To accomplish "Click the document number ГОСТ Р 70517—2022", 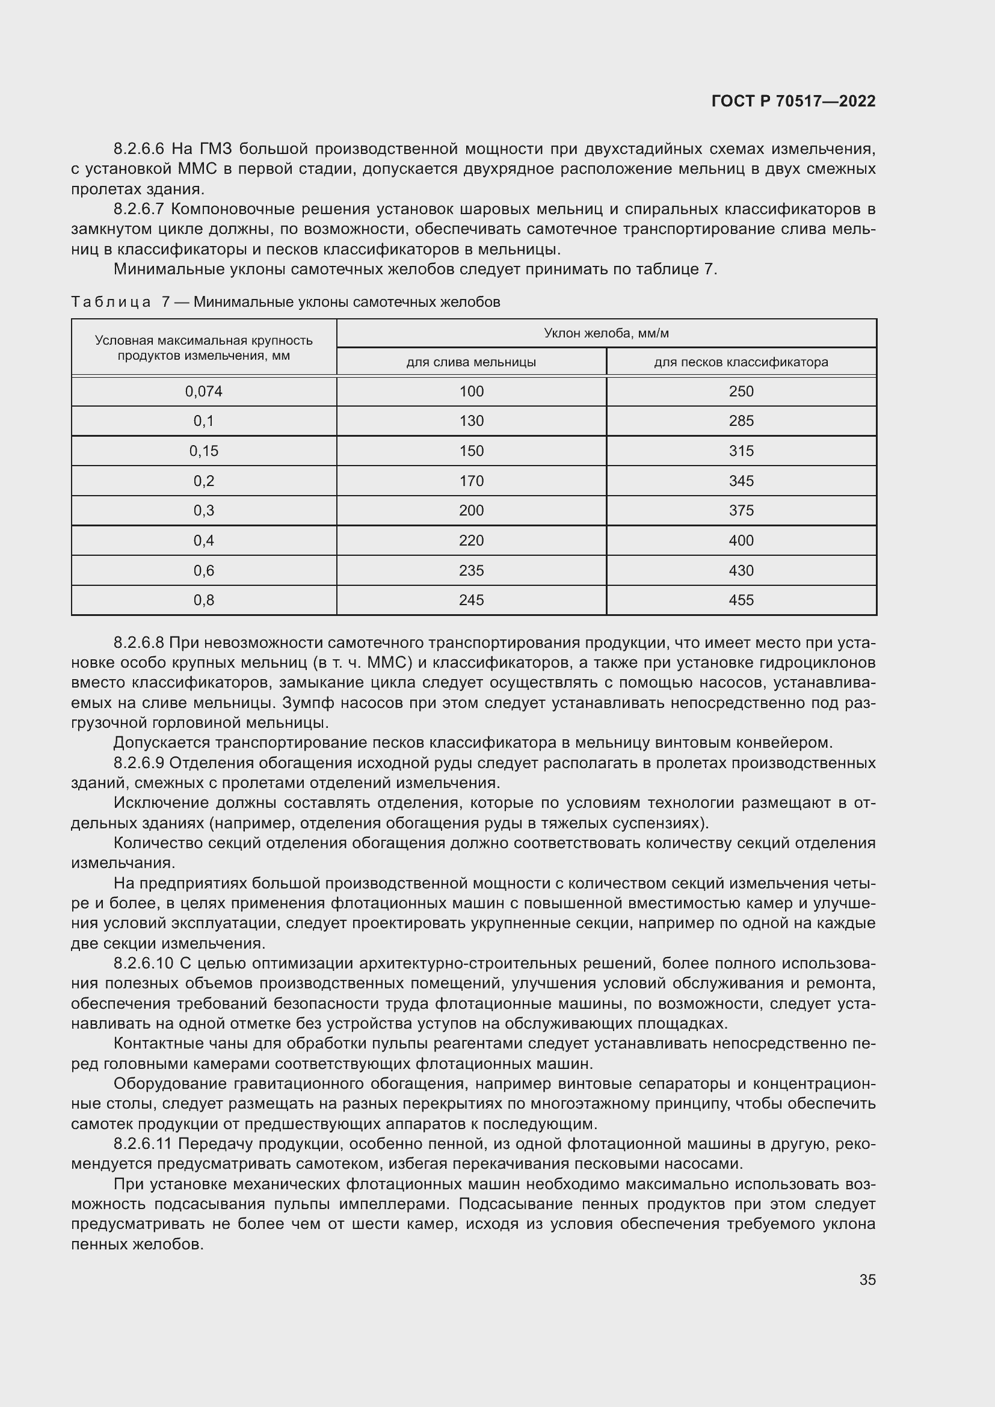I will [793, 102].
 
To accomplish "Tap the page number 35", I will [867, 1279].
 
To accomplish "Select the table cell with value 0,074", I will [203, 392].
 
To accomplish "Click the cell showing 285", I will [741, 421].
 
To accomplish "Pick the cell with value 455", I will [741, 600].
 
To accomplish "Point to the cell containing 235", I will [471, 570].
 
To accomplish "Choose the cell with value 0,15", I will [203, 451].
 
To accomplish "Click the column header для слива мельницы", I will [471, 362].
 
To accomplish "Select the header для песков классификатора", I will [741, 362].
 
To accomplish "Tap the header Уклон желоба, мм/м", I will [606, 333].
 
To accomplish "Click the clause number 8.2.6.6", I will [139, 149].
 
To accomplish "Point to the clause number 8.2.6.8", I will [139, 643].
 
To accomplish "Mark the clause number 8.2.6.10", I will [144, 963].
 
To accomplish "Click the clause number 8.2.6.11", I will [144, 1144].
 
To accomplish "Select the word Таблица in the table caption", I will [111, 302].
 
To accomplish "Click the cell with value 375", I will [741, 511].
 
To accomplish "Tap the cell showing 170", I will [471, 481].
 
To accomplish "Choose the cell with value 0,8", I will [203, 600].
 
